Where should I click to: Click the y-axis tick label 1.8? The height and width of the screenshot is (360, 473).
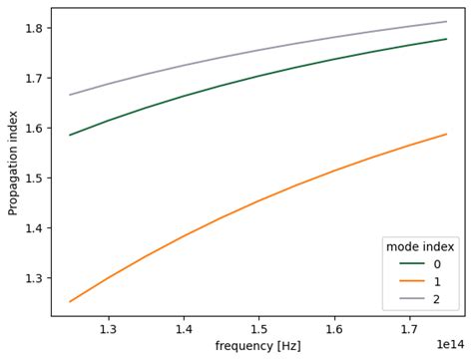coord(34,28)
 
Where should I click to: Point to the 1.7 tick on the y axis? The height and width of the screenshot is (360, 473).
coord(34,78)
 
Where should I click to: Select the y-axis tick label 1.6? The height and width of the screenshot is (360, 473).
coord(34,128)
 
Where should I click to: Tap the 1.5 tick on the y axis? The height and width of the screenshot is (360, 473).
coord(34,178)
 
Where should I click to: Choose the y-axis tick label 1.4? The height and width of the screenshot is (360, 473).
coord(34,228)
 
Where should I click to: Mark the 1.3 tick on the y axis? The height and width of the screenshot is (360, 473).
coord(34,278)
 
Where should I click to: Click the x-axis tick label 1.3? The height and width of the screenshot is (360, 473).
coord(108,327)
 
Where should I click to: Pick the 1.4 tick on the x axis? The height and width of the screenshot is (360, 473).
coord(184,327)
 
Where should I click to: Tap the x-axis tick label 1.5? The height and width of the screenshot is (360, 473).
coord(258,327)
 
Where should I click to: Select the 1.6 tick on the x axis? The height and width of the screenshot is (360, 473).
coord(334,327)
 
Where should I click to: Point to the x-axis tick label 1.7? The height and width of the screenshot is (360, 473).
coord(409,327)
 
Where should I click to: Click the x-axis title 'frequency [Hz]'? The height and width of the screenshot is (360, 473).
coord(257,346)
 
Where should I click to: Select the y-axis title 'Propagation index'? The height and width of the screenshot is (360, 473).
coord(13,163)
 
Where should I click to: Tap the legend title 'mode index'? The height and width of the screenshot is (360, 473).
coord(420,246)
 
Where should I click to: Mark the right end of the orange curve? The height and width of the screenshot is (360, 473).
coord(446,134)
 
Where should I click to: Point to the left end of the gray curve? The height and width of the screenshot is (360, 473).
coord(70,95)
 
